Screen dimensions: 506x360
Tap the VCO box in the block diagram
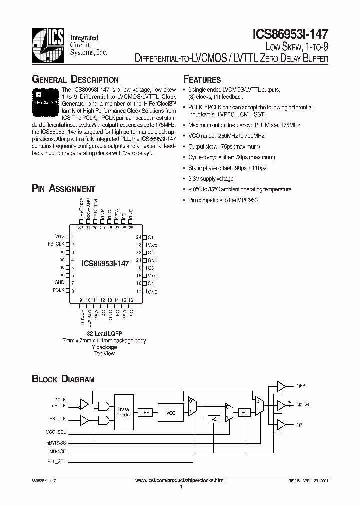tap(171, 413)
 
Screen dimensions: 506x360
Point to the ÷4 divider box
tap(243, 412)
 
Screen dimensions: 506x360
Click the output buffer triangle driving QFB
tap(281, 386)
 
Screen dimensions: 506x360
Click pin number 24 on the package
tap(138, 237)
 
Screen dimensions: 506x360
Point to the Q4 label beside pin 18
tap(151, 283)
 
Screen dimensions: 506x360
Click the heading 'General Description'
tap(75, 80)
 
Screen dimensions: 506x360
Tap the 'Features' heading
tap(202, 80)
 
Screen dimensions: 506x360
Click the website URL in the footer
tap(180, 480)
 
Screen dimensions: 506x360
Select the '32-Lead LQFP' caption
tap(105, 333)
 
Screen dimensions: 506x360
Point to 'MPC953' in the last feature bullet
tap(247, 200)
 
